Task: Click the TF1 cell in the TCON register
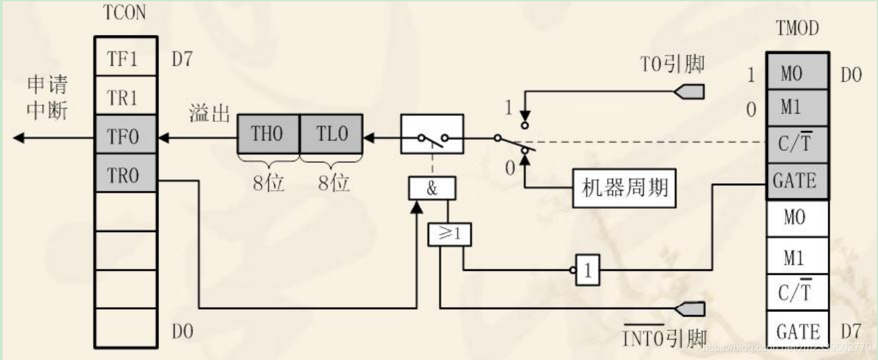click(x=126, y=59)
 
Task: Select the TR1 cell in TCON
click(x=126, y=98)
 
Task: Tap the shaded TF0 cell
click(x=126, y=137)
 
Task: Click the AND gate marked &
click(x=431, y=189)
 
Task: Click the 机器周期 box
click(x=624, y=189)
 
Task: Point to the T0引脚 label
click(x=672, y=65)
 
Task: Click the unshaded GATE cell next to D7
click(x=797, y=330)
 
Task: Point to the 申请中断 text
click(x=47, y=97)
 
